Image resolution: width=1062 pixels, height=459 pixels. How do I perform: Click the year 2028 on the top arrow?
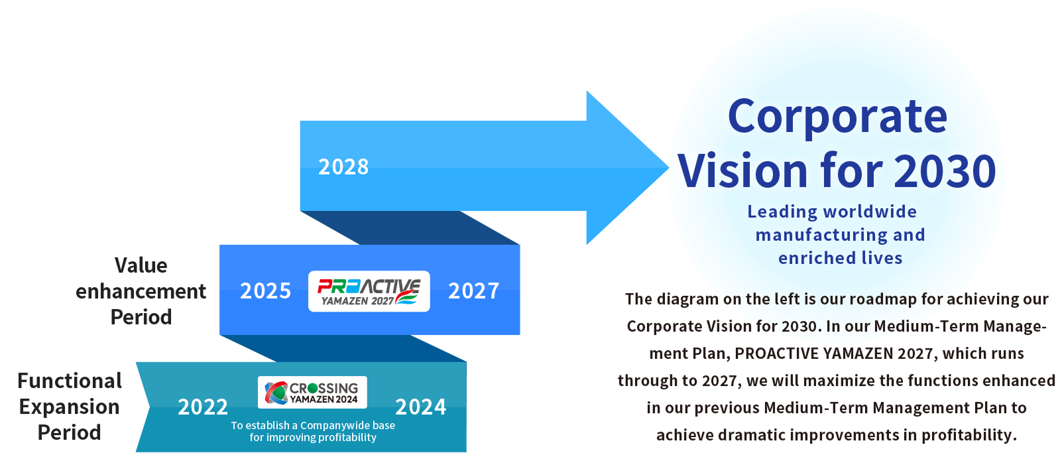click(x=343, y=167)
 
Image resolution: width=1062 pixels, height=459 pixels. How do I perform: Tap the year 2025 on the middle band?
click(x=265, y=291)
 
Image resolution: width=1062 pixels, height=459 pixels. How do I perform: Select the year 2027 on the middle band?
click(x=473, y=291)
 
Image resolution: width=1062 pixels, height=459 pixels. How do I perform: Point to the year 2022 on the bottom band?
click(x=203, y=407)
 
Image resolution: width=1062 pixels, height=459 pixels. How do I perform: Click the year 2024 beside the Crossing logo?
click(x=420, y=407)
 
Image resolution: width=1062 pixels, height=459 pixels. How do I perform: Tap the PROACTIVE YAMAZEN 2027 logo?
click(x=369, y=291)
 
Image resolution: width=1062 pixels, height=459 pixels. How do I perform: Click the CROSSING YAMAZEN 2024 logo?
click(x=312, y=392)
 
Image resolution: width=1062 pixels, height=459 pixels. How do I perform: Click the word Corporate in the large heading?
click(x=837, y=117)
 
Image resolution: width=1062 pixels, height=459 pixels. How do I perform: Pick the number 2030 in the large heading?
click(x=945, y=170)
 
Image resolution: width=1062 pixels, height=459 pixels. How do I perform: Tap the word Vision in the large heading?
click(x=742, y=170)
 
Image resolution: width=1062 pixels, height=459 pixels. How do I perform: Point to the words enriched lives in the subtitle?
click(x=840, y=258)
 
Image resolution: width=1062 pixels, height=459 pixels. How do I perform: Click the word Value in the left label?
click(x=141, y=265)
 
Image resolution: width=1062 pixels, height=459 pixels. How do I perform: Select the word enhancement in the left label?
click(x=141, y=291)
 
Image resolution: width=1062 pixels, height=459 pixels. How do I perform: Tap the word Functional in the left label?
click(x=70, y=381)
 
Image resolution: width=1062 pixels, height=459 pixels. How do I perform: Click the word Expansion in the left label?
click(x=69, y=407)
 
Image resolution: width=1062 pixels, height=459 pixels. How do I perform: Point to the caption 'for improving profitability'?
click(x=313, y=437)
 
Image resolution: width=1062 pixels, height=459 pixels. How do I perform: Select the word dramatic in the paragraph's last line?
click(x=750, y=435)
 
